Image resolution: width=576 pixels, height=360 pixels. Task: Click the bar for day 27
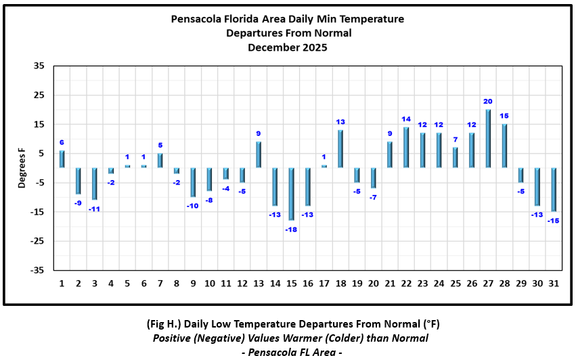pyautogui.click(x=488, y=139)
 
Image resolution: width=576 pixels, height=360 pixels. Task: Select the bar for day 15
pyautogui.click(x=292, y=194)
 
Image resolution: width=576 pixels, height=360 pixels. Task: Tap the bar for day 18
pyautogui.click(x=340, y=149)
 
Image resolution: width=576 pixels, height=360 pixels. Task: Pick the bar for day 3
pyautogui.click(x=95, y=184)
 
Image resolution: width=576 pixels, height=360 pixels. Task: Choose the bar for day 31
pyautogui.click(x=554, y=190)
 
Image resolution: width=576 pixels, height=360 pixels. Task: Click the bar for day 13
pyautogui.click(x=259, y=154)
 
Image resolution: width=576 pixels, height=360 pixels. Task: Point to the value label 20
pyautogui.click(x=488, y=102)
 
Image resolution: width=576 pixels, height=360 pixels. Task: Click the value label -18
pyautogui.click(x=291, y=229)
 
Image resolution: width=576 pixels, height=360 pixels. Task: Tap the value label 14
pyautogui.click(x=406, y=119)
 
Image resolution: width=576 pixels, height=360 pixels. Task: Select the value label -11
pyautogui.click(x=94, y=209)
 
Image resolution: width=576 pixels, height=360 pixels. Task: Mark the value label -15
pyautogui.click(x=553, y=221)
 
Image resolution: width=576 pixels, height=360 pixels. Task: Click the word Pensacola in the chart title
pyautogui.click(x=198, y=19)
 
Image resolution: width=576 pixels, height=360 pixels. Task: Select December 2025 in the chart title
pyautogui.click(x=288, y=47)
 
